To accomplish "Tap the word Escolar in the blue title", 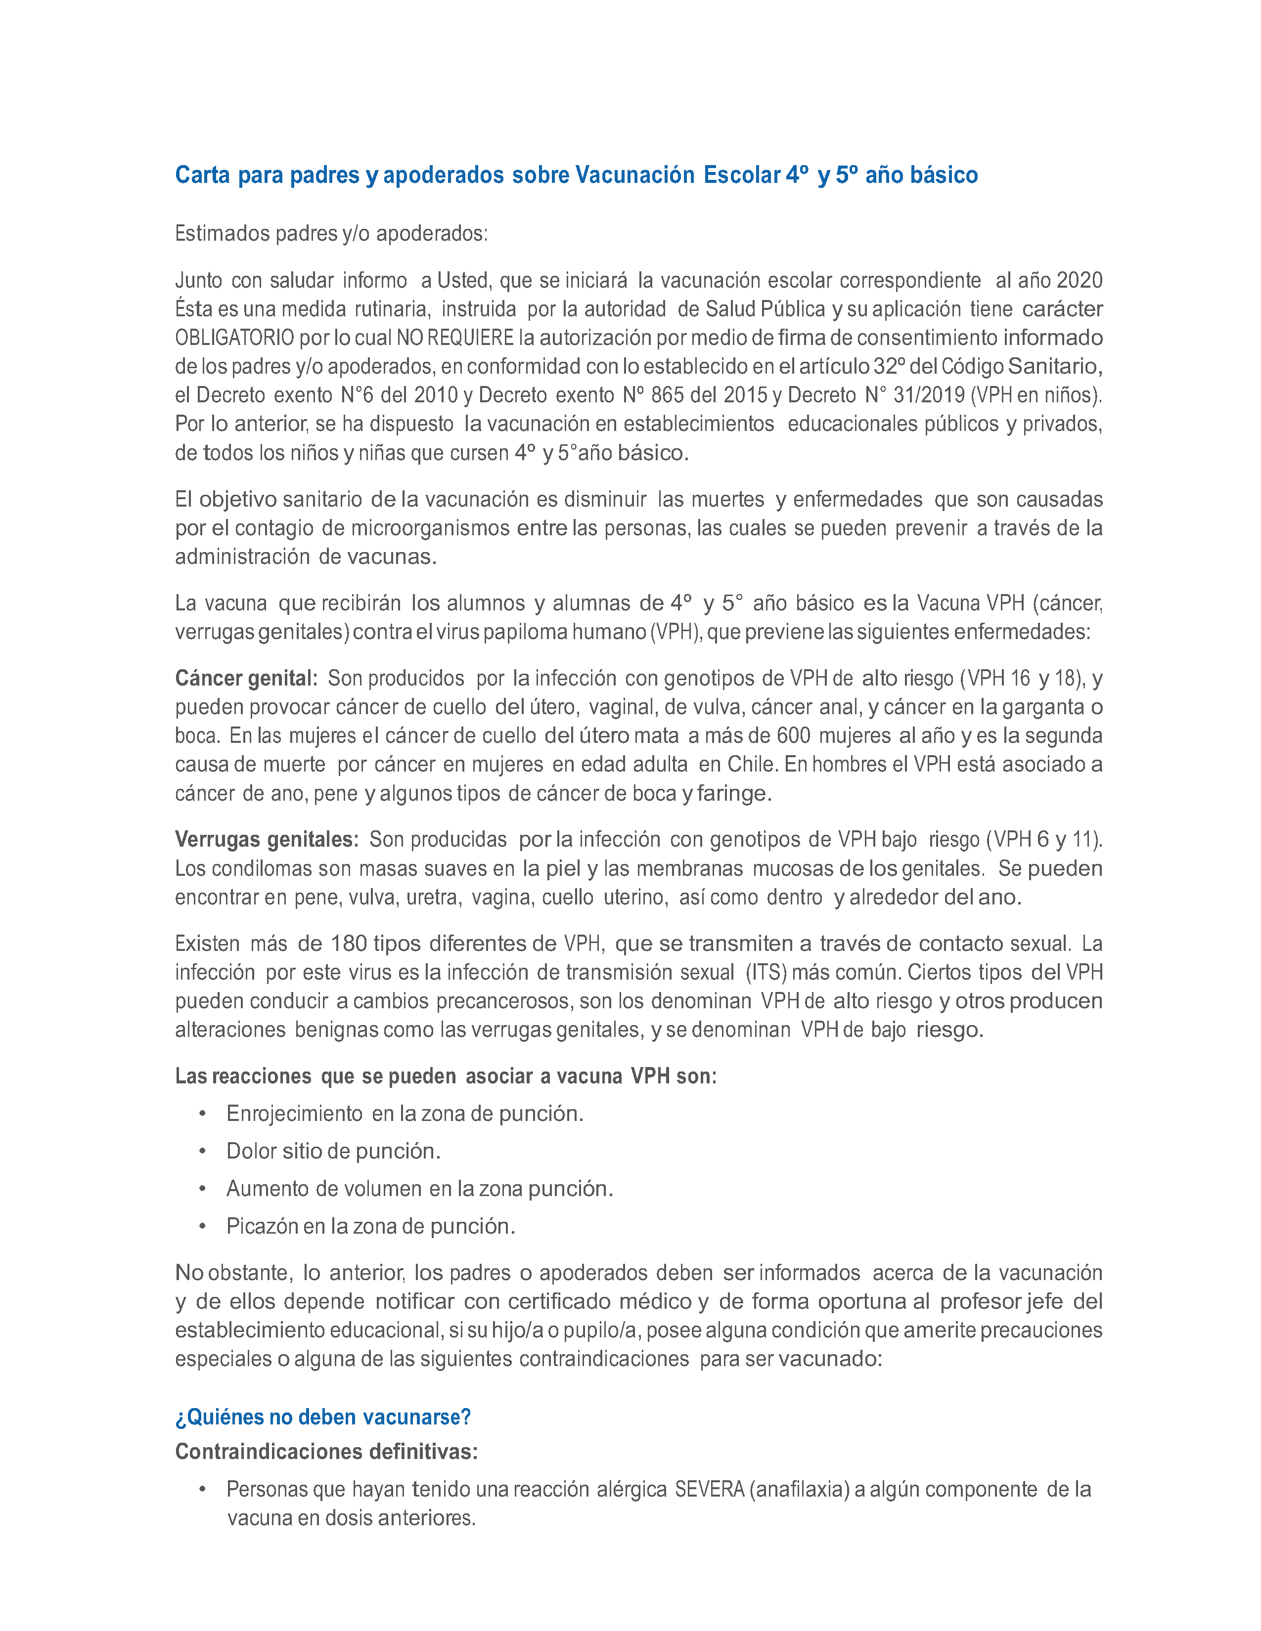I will [741, 175].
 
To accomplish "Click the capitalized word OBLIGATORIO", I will [234, 338].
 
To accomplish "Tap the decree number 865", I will [667, 395].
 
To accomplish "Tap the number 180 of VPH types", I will [349, 943].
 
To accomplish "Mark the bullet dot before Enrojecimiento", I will [202, 1114].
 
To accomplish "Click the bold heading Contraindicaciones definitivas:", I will [326, 1452].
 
